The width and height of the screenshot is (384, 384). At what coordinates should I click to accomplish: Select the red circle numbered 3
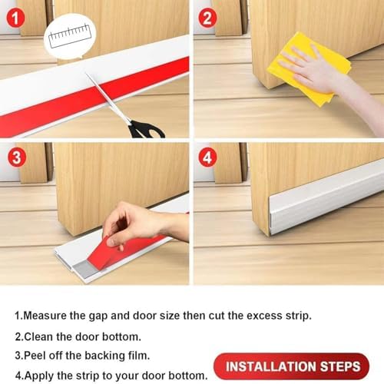[x=15, y=159]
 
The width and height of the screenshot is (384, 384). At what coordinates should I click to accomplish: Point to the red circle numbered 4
[x=207, y=159]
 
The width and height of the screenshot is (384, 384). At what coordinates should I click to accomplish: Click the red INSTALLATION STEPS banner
[x=292, y=366]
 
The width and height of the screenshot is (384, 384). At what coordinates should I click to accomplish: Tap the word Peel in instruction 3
[x=37, y=356]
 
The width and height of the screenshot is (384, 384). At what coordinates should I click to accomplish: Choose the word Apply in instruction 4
[x=40, y=376]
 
